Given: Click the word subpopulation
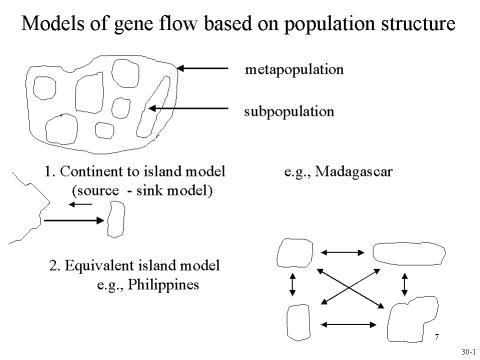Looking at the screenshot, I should tap(289, 111).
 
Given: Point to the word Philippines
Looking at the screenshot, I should tap(155, 284).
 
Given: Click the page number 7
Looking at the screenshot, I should tap(438, 334).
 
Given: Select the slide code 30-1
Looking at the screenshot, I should tap(467, 352).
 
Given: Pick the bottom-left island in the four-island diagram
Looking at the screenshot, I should tap(297, 321).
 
